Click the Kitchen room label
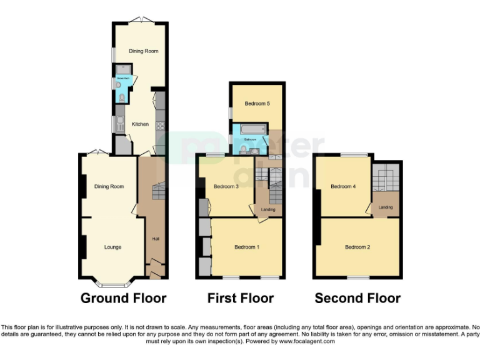pos(140,124)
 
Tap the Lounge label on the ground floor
pos(112,247)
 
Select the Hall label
pos(154,239)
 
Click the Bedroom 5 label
pos(257,103)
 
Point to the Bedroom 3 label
pos(226,186)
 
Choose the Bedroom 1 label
pos(247,247)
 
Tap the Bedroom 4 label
pos(343,186)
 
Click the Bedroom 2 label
pos(357,247)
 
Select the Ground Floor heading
pos(123,298)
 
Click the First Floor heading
pos(241,298)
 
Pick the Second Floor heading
pos(357,298)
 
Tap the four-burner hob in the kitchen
pos(159,125)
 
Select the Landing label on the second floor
pos(385,207)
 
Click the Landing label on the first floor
pos(267,209)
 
